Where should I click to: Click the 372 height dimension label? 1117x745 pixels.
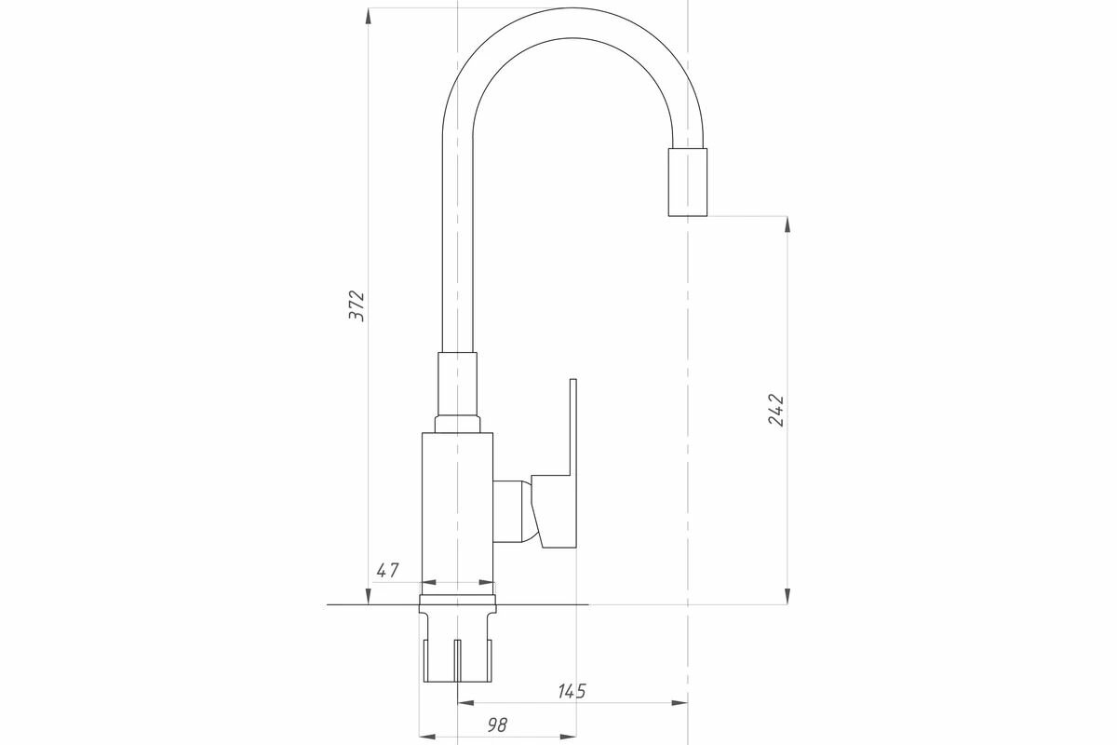pyautogui.click(x=357, y=305)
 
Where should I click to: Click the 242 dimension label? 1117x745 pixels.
pyautogui.click(x=775, y=410)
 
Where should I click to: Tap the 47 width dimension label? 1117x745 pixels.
pyautogui.click(x=387, y=570)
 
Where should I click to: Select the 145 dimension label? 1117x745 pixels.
pyautogui.click(x=572, y=691)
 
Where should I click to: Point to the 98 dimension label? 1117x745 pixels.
pyautogui.click(x=497, y=725)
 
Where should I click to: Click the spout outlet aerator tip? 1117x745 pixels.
pyautogui.click(x=688, y=183)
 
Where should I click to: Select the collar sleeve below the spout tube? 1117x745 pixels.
pyautogui.click(x=457, y=385)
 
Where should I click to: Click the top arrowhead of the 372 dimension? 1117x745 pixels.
pyautogui.click(x=368, y=17)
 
